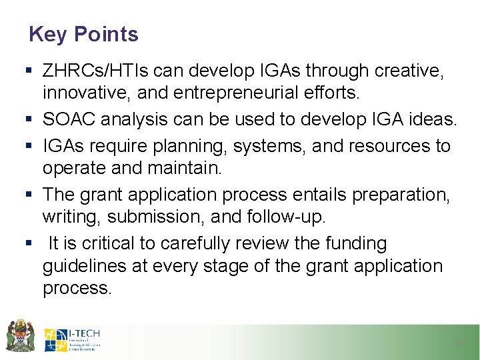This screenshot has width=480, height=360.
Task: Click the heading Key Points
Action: [x=83, y=34]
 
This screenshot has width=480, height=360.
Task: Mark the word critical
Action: [x=102, y=243]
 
